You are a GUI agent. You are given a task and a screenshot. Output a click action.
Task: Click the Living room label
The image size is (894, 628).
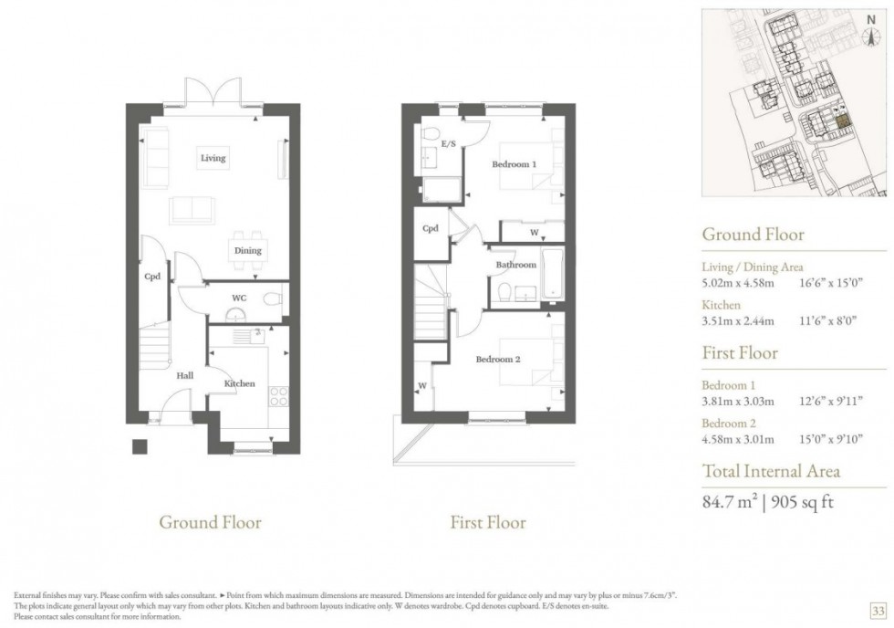[x=213, y=158]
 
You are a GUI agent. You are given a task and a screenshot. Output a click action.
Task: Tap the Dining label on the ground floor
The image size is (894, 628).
[x=247, y=250]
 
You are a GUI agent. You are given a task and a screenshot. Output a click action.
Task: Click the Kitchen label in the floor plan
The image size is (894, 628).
[x=240, y=383]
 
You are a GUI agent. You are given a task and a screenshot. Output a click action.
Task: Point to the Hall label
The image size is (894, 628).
[x=184, y=374]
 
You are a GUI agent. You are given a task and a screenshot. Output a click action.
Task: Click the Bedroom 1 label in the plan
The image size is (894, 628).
[x=514, y=164]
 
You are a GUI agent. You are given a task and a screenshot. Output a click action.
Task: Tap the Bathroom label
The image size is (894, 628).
[x=515, y=265]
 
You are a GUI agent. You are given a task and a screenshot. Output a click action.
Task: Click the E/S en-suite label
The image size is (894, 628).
[x=448, y=144]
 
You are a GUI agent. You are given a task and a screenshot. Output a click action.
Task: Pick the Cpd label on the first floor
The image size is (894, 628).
[x=431, y=228]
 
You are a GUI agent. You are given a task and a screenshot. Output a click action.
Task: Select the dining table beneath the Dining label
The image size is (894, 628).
[x=247, y=265]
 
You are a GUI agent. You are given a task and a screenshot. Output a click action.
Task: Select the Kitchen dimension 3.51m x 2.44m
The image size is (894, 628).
[x=737, y=320]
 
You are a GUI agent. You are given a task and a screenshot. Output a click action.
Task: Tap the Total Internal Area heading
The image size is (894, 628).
[x=770, y=471]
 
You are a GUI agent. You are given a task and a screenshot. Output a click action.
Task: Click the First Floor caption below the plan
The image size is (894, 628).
[x=488, y=523]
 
